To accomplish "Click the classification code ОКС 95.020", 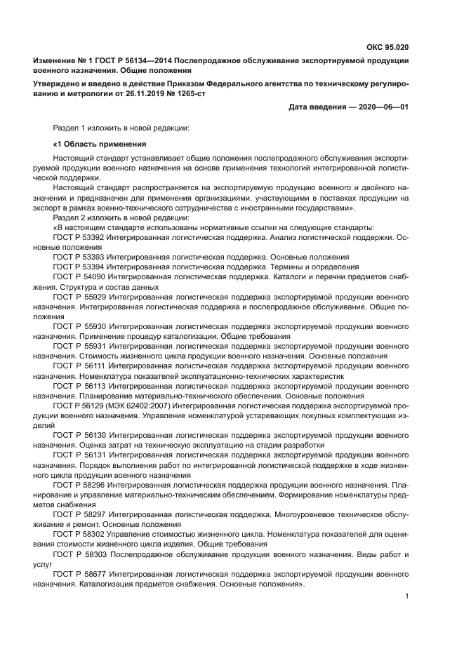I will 387,47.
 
